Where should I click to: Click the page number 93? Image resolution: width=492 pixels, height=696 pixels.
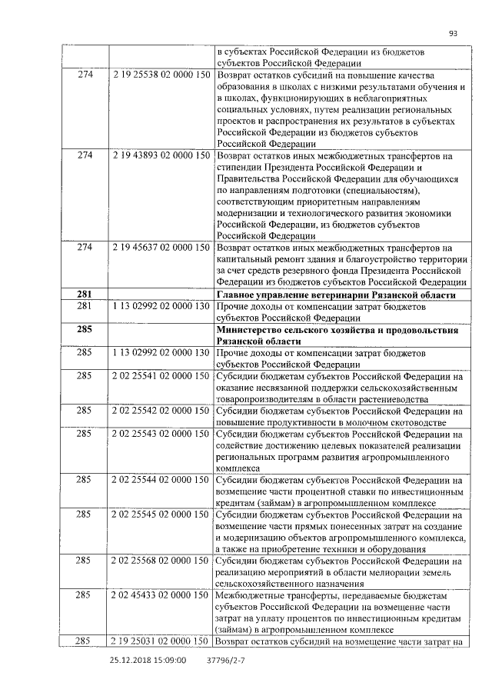click(x=453, y=33)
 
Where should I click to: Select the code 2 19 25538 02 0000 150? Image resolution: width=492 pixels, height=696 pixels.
click(x=161, y=75)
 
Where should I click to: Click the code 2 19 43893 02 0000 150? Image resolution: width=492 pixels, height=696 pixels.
click(x=161, y=156)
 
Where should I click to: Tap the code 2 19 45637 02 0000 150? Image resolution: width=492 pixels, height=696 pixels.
click(x=161, y=248)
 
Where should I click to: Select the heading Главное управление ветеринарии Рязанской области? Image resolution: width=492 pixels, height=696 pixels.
click(x=337, y=295)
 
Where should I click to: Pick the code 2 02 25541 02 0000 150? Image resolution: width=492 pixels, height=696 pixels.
click(x=161, y=376)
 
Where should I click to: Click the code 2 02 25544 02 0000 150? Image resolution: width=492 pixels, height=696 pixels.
click(x=161, y=480)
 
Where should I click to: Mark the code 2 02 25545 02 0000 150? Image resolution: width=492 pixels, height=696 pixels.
click(x=161, y=515)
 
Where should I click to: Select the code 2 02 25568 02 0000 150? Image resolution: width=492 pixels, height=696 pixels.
click(x=161, y=561)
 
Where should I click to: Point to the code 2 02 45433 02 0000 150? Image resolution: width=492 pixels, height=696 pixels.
click(x=161, y=595)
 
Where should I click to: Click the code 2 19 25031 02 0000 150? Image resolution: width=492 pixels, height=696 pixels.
click(x=161, y=641)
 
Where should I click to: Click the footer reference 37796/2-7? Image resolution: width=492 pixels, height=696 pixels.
click(x=226, y=660)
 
